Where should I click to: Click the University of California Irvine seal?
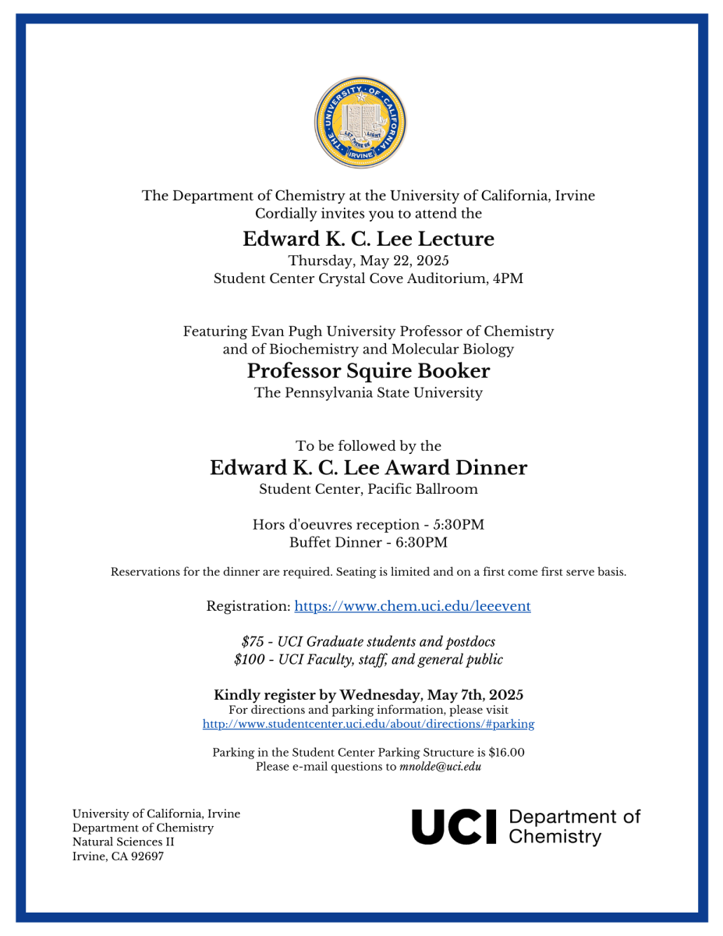click(x=361, y=122)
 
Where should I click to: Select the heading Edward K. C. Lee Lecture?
click(x=368, y=239)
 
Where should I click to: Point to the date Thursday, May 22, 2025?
click(x=368, y=261)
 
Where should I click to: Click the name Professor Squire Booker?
click(x=368, y=370)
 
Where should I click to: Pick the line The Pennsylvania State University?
click(x=368, y=392)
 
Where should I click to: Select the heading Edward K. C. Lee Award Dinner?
click(x=368, y=468)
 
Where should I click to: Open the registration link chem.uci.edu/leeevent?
click(x=413, y=606)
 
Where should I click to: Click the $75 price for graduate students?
click(x=253, y=641)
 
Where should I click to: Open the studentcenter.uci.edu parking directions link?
click(x=368, y=724)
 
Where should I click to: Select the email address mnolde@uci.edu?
click(x=440, y=766)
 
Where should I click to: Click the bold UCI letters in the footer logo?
click(x=454, y=827)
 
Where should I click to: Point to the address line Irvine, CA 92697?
click(x=118, y=856)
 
